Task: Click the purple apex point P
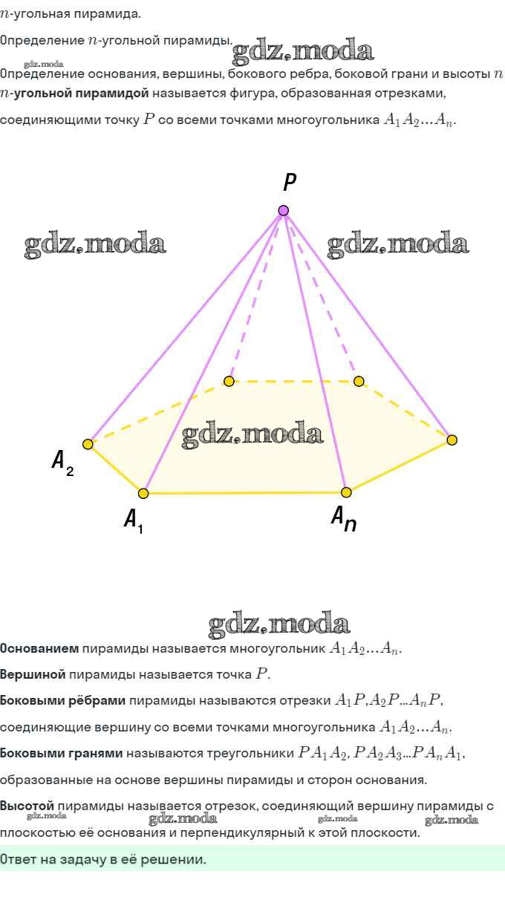click(283, 210)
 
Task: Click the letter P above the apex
click(289, 182)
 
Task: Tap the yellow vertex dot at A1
click(143, 493)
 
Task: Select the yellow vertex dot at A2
click(88, 444)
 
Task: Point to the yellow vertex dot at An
click(346, 492)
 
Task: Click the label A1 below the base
click(134, 521)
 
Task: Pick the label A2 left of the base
click(62, 463)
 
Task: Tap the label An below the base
click(344, 518)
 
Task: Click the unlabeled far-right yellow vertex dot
click(452, 440)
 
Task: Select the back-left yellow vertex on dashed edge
click(229, 381)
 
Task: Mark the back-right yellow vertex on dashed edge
click(359, 381)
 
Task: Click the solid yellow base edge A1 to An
click(244, 492)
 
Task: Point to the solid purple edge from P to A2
click(186, 327)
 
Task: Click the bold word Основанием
click(39, 648)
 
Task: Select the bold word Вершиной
click(33, 674)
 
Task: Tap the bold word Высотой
click(27, 806)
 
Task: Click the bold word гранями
click(95, 754)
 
